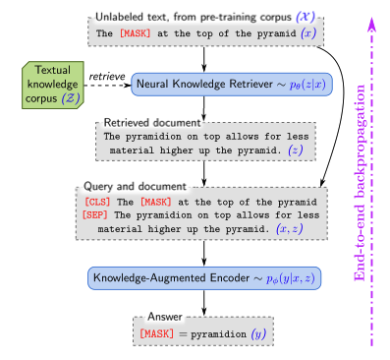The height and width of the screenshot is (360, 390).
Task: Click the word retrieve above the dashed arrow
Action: coord(106,76)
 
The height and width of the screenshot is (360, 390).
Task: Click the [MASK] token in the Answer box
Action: coord(158,335)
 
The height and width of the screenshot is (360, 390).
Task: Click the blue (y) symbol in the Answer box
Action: coord(257,335)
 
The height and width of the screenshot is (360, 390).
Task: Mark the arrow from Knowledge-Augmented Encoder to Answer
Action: coord(203,303)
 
